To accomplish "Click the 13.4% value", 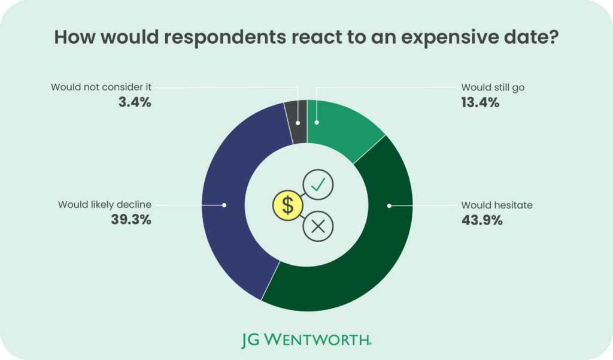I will pos(480,102).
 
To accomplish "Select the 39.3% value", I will pos(131,220).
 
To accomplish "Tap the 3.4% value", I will pos(135,102).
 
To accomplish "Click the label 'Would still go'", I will pos(493,87).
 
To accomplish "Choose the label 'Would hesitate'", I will pos(496,205).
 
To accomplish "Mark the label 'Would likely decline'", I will pos(105,205).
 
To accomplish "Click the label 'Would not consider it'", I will pos(101,87).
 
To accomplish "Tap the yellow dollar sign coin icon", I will pos(288,205).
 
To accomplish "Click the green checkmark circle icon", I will pos(318,184).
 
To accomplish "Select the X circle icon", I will pos(318,226).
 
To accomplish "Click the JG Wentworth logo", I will pos(306,340).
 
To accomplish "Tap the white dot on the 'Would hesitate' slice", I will pos(389,205).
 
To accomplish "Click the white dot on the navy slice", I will pos(224,205).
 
